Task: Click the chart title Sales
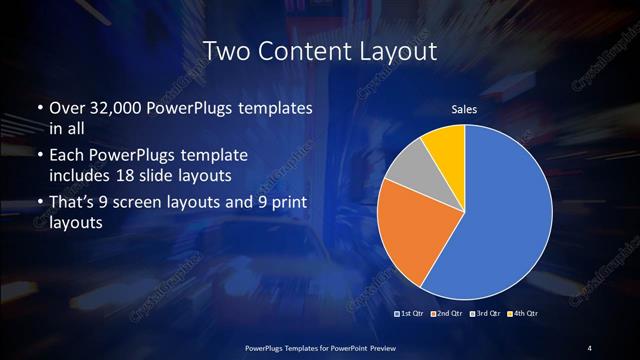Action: point(465,109)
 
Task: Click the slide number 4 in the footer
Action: point(590,347)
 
